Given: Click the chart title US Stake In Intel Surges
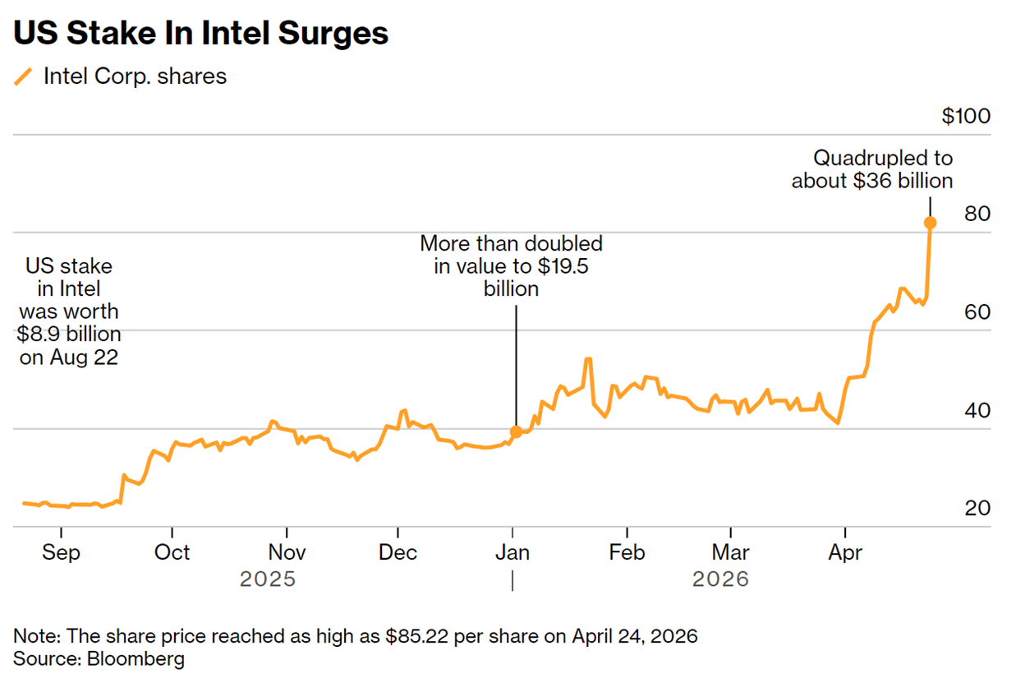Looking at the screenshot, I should (x=200, y=34).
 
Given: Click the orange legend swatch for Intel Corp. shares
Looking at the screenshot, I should (x=24, y=77).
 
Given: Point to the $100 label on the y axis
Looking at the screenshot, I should (x=966, y=116).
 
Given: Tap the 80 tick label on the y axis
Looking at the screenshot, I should (x=977, y=214).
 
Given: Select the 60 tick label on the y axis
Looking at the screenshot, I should (x=977, y=312).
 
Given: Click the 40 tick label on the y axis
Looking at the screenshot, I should (x=977, y=410).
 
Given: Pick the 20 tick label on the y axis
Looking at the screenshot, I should (x=977, y=509).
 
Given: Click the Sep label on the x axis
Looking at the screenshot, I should (x=61, y=552).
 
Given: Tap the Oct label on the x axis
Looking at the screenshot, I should (x=172, y=552).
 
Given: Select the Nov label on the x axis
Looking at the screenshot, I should (x=287, y=552).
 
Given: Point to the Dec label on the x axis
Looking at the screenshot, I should (x=398, y=552).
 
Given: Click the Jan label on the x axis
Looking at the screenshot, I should (x=512, y=552).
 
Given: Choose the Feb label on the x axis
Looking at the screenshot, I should (x=627, y=552).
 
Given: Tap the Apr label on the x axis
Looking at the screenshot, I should (x=845, y=552).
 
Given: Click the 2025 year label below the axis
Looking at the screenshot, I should (x=267, y=579).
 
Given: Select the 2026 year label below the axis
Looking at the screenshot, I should (x=720, y=579).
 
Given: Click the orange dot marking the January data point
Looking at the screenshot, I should (x=516, y=431).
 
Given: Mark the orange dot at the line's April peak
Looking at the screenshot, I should (x=930, y=223).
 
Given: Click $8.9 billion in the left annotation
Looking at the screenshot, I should (x=69, y=334).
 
